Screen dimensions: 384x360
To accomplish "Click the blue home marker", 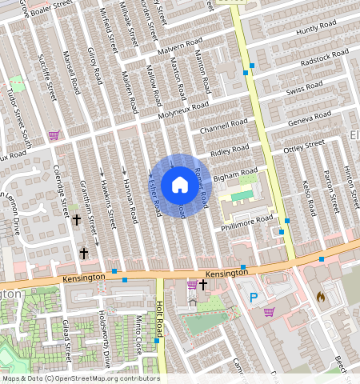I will [180, 185].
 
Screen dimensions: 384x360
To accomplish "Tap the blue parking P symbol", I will [254, 298].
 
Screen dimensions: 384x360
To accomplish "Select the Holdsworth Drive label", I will [104, 339].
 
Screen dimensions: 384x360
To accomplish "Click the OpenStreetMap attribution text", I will [81, 378].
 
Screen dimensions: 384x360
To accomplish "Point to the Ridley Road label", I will [230, 150].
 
